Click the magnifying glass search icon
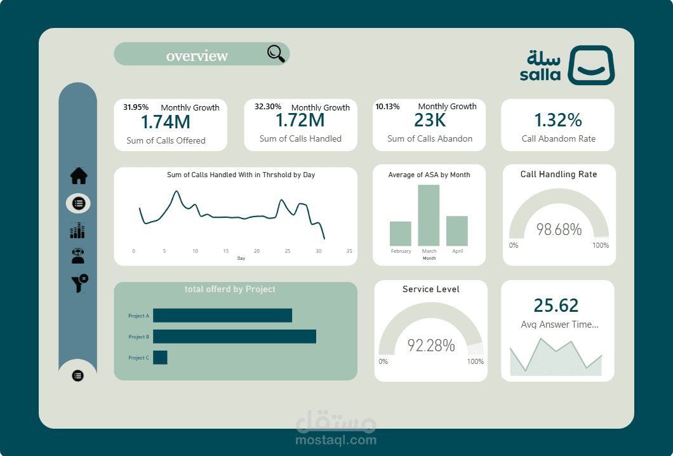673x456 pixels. pyautogui.click(x=276, y=54)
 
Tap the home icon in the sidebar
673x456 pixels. pyautogui.click(x=79, y=175)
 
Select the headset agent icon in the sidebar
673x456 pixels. pyautogui.click(x=79, y=255)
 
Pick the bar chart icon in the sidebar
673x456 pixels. pyautogui.click(x=78, y=231)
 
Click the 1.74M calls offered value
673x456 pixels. pyautogui.click(x=166, y=122)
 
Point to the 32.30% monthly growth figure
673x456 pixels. pyautogui.click(x=267, y=107)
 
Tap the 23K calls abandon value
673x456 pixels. pyautogui.click(x=430, y=120)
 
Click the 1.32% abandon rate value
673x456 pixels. pyautogui.click(x=558, y=120)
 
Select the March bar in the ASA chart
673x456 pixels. pyautogui.click(x=429, y=215)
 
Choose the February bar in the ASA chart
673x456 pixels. pyautogui.click(x=401, y=233)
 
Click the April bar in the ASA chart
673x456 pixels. pyautogui.click(x=457, y=231)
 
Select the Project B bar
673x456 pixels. pyautogui.click(x=234, y=337)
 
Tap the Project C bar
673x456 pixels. pyautogui.click(x=160, y=358)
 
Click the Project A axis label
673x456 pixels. pyautogui.click(x=138, y=316)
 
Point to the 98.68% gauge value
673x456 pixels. pyautogui.click(x=559, y=230)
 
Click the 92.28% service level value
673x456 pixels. pyautogui.click(x=431, y=345)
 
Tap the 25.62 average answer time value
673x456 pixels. pyautogui.click(x=556, y=305)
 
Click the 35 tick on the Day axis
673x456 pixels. pyautogui.click(x=349, y=251)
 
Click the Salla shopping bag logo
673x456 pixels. pyautogui.click(x=590, y=65)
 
